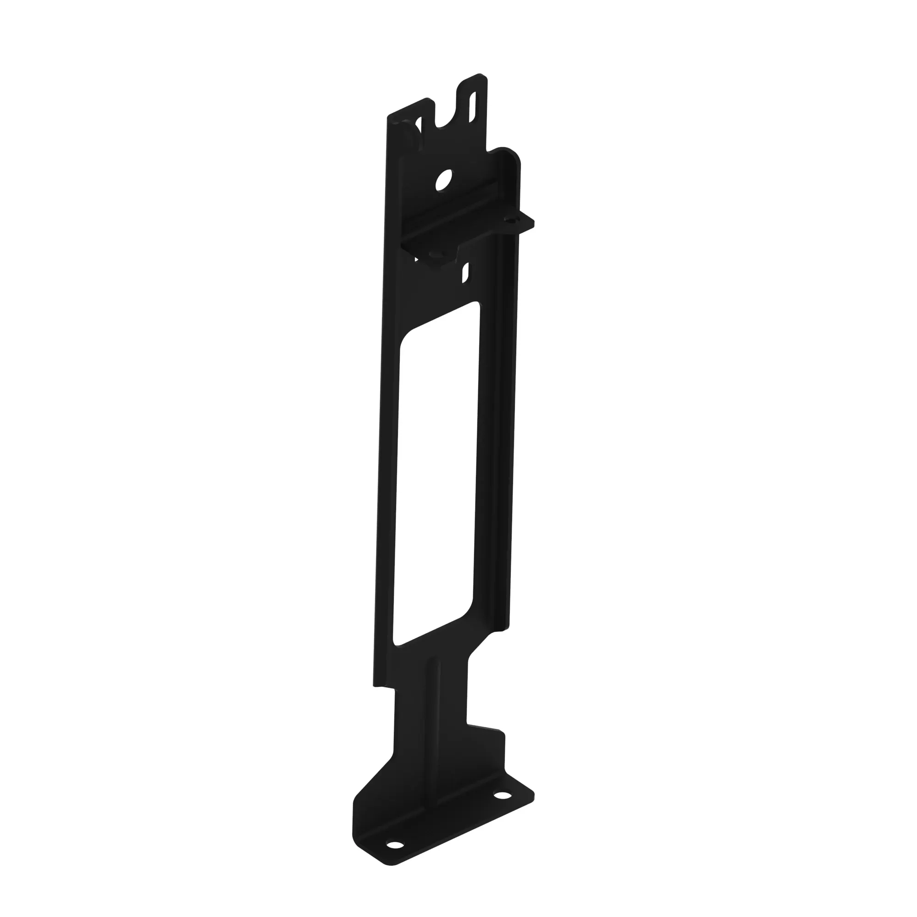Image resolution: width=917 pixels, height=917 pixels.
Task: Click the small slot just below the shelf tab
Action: (x=466, y=272)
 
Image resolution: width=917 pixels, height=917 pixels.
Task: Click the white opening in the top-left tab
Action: (x=418, y=126)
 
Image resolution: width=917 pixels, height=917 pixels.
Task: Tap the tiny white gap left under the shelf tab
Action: (x=416, y=259)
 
